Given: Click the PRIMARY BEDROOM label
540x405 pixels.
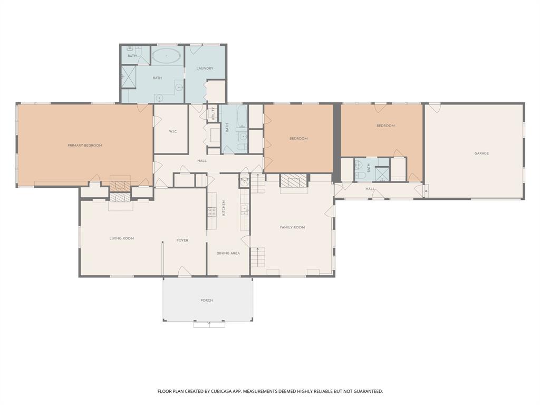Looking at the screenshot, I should pos(85,146).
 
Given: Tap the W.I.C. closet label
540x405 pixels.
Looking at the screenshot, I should pos(172,131).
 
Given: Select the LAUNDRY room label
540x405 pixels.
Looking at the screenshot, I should pos(205,69).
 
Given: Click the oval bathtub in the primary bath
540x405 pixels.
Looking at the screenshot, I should pos(167,55).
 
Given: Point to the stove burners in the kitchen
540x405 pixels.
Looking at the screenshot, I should pos(212,211).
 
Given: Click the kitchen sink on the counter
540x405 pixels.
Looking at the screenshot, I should pos(244,210).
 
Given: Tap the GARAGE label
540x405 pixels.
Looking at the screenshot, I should pos(481,153).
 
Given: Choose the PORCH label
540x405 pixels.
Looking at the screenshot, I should pos(207,301).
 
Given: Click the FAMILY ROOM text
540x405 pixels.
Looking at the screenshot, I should pos(292,227).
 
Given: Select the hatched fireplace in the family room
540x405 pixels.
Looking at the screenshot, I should pos(293,181).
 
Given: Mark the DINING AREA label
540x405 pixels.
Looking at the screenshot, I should pos(228,253).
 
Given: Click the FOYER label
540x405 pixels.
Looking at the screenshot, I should pos(182,240).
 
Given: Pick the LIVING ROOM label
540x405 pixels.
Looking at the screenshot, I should pos(121,238).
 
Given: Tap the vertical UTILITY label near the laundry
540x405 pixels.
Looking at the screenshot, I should pos(214,114).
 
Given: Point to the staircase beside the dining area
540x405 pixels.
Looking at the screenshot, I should pos(257,258).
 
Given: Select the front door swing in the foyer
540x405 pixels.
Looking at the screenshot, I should pos(184,271).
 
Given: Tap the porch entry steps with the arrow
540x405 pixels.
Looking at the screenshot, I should pos(209,324).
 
